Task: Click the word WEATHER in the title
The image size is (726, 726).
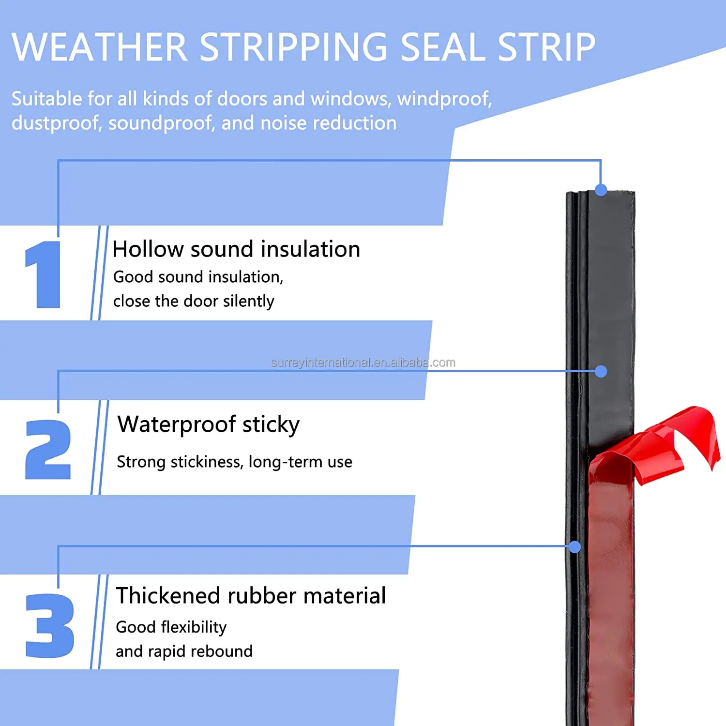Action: [99, 47]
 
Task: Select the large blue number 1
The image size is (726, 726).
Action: [44, 274]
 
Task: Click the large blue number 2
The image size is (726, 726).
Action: [48, 450]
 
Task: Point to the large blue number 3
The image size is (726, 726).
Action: [49, 625]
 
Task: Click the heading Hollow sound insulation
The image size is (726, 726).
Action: [236, 250]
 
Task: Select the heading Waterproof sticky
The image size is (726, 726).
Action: [208, 424]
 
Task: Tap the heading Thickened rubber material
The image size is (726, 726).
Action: [251, 596]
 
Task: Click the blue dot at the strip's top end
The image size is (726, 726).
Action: [601, 190]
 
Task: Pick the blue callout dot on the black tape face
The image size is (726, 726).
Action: [601, 371]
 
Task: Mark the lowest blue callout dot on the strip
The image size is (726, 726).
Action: [575, 547]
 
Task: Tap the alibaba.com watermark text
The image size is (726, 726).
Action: [363, 363]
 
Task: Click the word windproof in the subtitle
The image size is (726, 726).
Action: [444, 99]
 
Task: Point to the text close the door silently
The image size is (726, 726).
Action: [194, 301]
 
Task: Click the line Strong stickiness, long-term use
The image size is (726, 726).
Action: [234, 462]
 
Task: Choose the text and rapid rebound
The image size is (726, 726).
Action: [184, 651]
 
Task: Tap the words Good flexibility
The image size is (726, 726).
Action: [171, 627]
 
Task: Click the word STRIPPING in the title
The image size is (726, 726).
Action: [293, 47]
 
